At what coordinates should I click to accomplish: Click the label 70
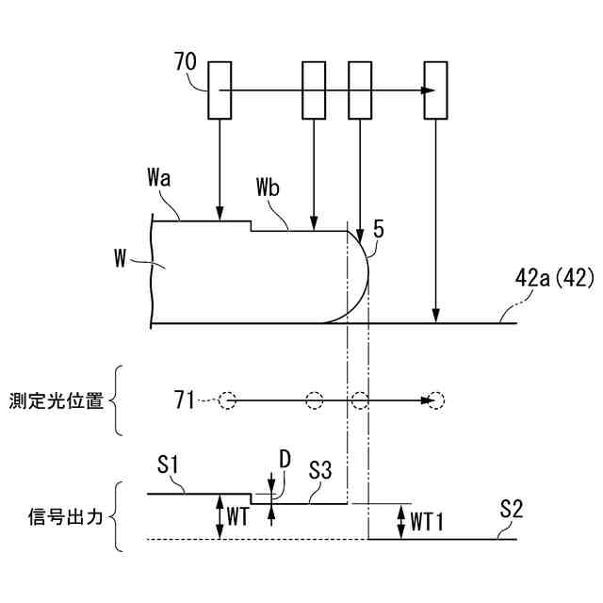187,64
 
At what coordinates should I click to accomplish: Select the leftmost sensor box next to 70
219,90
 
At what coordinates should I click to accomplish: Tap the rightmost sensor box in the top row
436,90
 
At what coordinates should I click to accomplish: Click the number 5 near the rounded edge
377,228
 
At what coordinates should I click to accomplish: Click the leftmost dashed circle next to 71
226,400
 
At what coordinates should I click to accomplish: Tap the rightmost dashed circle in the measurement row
433,400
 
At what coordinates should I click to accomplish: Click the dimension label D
285,460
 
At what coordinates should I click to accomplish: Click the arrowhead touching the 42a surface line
435,317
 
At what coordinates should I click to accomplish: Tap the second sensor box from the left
314,90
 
